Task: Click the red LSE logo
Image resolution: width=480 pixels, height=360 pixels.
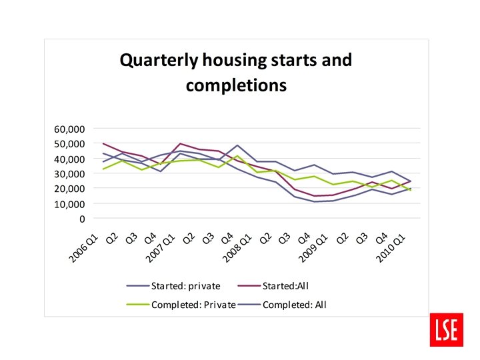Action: tap(445, 329)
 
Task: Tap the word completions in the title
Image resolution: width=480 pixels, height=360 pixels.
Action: tap(236, 85)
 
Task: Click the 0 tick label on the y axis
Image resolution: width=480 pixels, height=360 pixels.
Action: tap(82, 219)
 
